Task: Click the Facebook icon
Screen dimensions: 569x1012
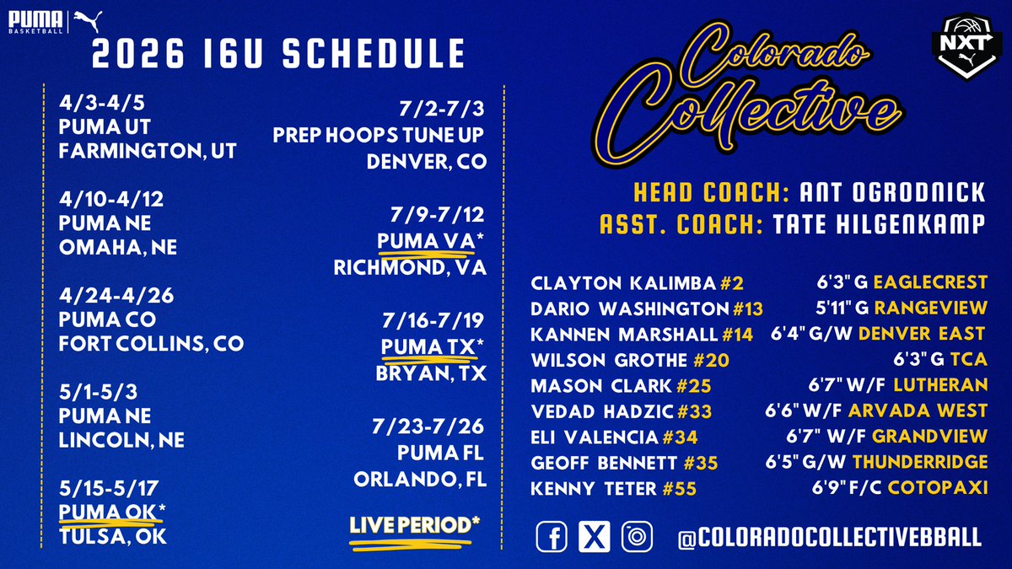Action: [552, 537]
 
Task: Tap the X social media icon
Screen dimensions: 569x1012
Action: [594, 537]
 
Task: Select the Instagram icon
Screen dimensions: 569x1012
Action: [636, 537]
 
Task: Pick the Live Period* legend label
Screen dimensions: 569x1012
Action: [415, 525]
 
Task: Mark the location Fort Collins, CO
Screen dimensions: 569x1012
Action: [151, 344]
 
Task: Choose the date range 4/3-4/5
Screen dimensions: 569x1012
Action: [97, 107]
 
